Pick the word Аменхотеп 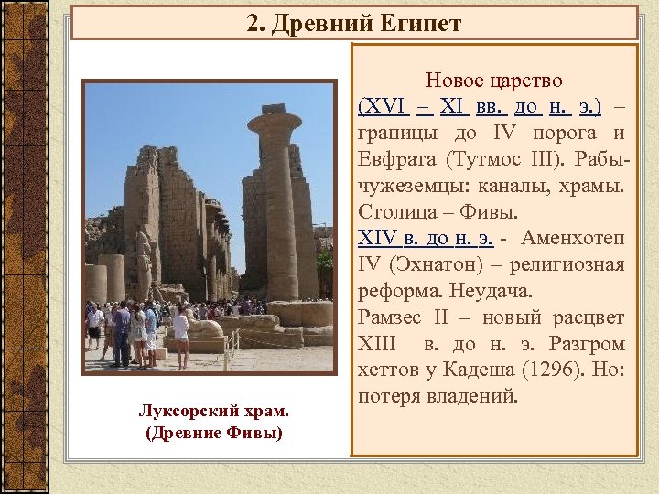[575, 240]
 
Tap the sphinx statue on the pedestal [206, 328]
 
